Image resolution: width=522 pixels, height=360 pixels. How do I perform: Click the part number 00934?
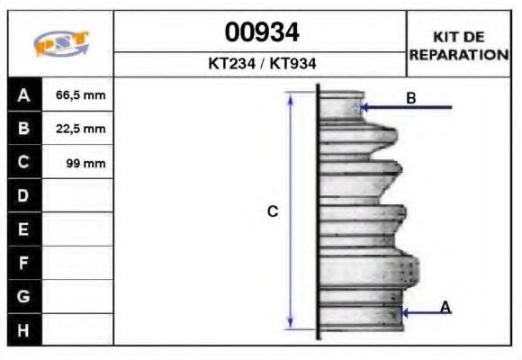click(261, 33)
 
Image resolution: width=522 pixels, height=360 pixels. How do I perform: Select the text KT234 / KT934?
click(261, 65)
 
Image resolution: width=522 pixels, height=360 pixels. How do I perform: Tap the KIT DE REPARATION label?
click(459, 45)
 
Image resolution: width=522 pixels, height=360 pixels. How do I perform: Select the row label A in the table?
click(24, 94)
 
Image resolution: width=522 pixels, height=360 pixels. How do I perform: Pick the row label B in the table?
click(24, 129)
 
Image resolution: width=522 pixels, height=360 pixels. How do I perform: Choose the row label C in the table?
click(24, 163)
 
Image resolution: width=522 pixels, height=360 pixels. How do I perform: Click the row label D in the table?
click(24, 196)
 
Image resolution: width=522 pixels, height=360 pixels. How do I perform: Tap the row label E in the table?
click(24, 229)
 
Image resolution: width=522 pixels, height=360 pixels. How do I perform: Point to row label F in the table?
click(24, 263)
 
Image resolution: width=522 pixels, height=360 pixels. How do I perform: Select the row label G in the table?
click(24, 296)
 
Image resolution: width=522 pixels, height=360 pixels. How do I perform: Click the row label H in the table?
click(24, 330)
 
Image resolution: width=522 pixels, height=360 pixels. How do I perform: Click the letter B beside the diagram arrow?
click(410, 98)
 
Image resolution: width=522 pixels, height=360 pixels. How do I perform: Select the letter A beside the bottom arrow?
click(445, 308)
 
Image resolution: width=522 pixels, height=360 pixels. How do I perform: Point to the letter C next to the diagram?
click(273, 211)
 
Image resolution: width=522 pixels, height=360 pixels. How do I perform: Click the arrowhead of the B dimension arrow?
click(364, 108)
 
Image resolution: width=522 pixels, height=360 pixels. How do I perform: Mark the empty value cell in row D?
click(77, 196)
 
